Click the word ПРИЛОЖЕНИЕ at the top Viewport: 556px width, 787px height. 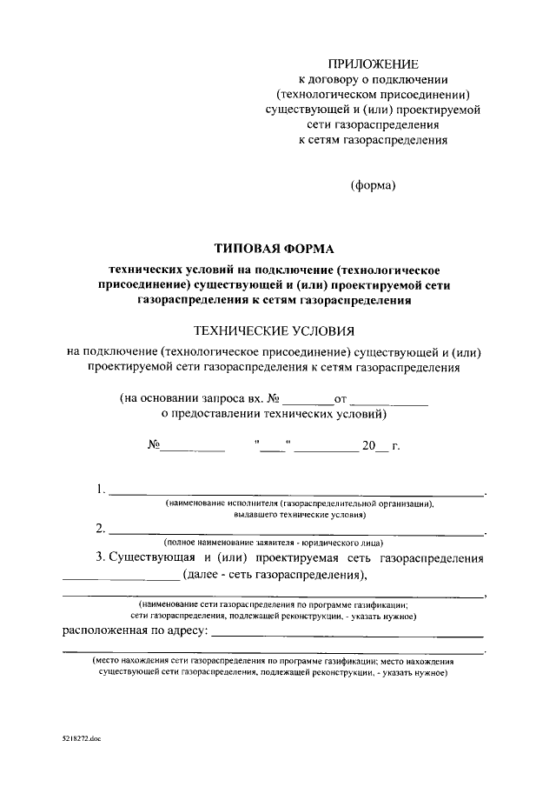point(373,64)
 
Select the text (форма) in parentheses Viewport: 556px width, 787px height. point(373,185)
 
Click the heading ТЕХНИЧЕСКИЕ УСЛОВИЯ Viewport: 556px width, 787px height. point(274,330)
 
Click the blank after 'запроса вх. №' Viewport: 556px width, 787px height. point(308,401)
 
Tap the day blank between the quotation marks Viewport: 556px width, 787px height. point(272,448)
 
